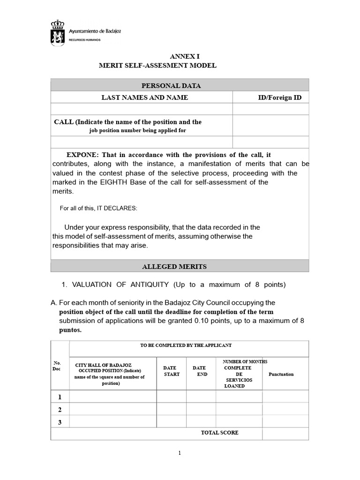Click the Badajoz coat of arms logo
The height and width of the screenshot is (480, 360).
click(x=59, y=33)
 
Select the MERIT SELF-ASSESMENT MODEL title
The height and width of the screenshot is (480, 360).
click(x=157, y=66)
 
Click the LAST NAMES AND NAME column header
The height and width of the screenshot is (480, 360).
click(x=145, y=97)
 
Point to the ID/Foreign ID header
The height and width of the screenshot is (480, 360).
click(x=279, y=97)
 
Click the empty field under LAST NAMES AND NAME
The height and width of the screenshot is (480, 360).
click(x=142, y=109)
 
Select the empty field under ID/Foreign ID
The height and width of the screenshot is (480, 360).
click(x=270, y=109)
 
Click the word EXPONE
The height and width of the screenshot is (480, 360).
click(x=82, y=155)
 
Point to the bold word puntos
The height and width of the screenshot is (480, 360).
click(x=70, y=330)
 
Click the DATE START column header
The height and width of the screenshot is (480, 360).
click(x=171, y=371)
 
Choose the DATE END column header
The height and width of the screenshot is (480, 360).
click(x=200, y=371)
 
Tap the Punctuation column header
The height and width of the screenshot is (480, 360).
click(x=281, y=374)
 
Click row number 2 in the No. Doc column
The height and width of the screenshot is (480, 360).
click(x=60, y=410)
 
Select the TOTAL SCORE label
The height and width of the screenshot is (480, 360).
click(x=219, y=433)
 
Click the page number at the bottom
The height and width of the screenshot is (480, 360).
click(x=180, y=453)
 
